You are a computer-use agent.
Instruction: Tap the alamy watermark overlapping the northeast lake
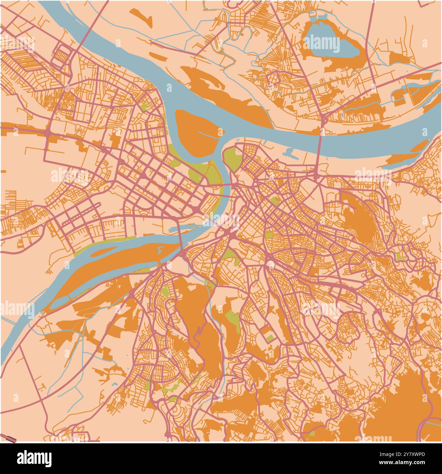pyautogui.click(x=322, y=44)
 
